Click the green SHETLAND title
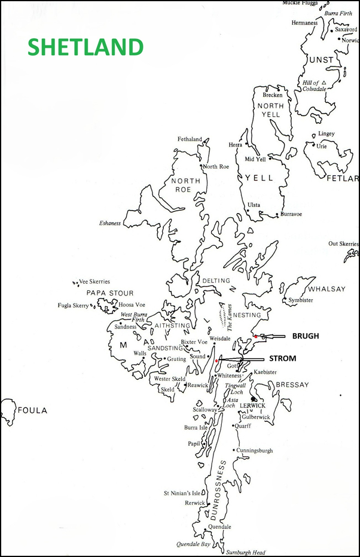tap(86, 47)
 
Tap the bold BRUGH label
tap(306, 336)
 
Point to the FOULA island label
tap(32, 411)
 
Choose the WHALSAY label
tap(327, 289)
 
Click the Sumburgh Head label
tap(245, 552)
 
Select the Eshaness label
tap(110, 223)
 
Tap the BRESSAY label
tap(292, 385)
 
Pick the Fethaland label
tap(190, 139)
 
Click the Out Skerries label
tap(343, 244)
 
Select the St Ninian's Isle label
tap(185, 494)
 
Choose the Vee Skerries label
tap(95, 281)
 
